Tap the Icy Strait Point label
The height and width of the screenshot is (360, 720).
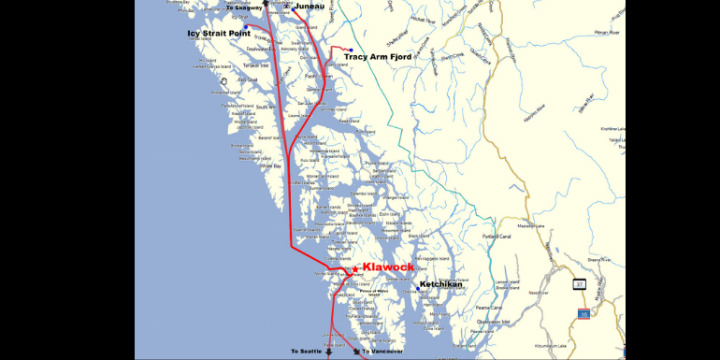[x=220, y=33]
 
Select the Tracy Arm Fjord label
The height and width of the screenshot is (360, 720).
[x=378, y=57]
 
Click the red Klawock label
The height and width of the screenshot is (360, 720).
[x=388, y=267]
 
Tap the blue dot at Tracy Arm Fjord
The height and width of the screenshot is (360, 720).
[x=351, y=50]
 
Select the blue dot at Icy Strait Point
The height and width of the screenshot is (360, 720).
[x=245, y=26]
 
